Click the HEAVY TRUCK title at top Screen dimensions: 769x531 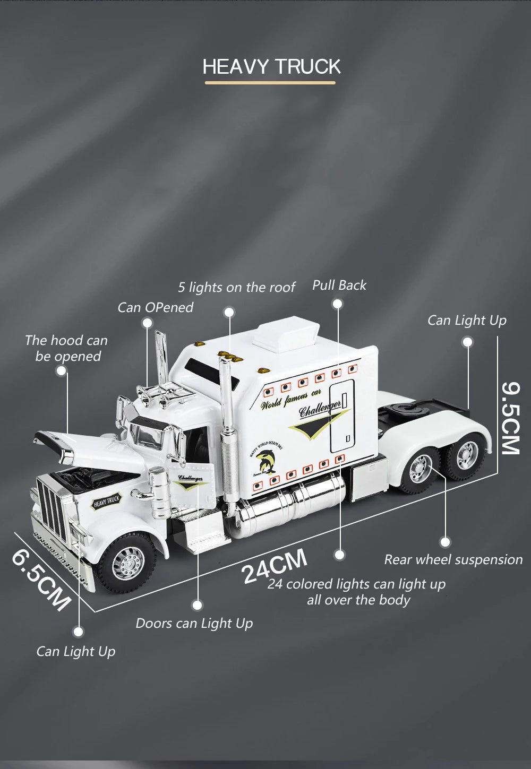coord(271,67)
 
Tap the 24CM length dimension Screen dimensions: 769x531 coord(274,566)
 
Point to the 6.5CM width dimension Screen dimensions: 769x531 coord(41,580)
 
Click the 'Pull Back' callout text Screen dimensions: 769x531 coord(339,286)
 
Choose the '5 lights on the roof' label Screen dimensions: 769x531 coord(236,288)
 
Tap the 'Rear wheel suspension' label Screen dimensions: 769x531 coord(453,559)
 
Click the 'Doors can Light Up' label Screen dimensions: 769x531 coord(194,623)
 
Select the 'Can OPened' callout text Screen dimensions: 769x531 coord(155,307)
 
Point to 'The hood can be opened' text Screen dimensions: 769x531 coord(66,348)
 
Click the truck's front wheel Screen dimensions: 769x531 coord(127,561)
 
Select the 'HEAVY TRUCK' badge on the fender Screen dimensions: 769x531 coord(107,501)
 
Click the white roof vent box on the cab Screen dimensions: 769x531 coord(286,332)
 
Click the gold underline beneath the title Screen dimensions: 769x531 coord(270,83)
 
